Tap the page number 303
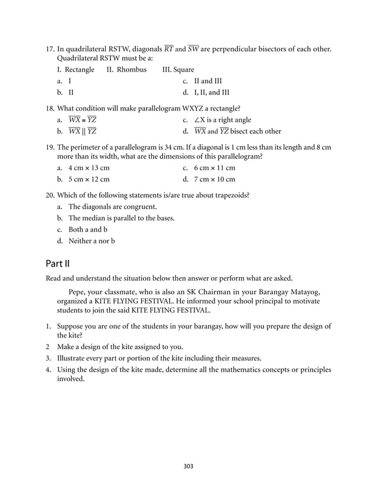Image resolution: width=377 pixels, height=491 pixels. point(188,466)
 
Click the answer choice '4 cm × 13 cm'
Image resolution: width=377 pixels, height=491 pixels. point(89,168)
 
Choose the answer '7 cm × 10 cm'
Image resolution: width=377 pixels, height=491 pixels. point(214,179)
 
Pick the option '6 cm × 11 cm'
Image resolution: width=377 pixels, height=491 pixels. point(214,168)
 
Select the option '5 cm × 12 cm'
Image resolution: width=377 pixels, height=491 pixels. point(89,179)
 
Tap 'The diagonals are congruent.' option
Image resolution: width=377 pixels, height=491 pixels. point(113,207)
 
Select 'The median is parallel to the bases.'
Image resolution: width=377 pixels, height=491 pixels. point(122,218)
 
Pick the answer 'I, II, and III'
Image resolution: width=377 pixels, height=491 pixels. point(212,92)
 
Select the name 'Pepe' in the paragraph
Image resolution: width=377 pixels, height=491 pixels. point(78,291)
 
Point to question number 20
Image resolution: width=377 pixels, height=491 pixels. point(50,195)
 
